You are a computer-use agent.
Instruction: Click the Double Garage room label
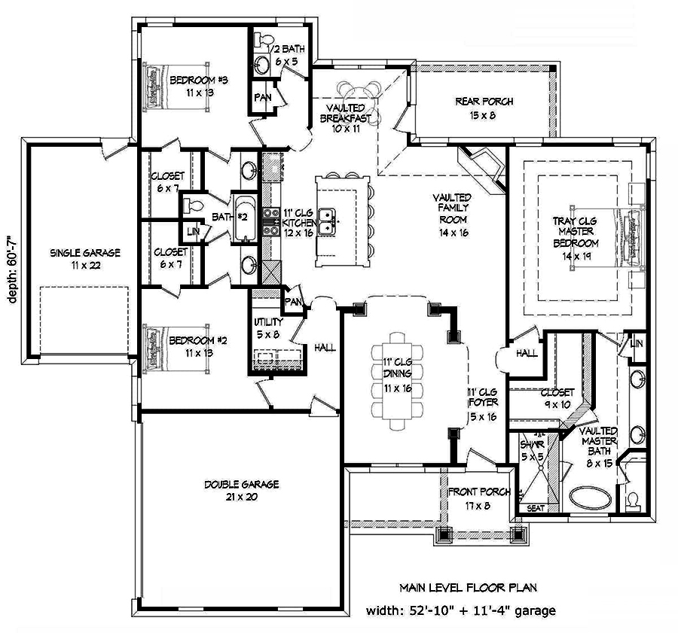[x=240, y=490]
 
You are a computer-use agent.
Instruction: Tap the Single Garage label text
[x=85, y=258]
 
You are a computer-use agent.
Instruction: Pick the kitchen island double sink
[x=327, y=220]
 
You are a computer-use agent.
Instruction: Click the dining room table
[x=392, y=385]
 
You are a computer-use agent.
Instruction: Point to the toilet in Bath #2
[x=193, y=205]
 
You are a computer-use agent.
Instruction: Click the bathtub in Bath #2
[x=246, y=218]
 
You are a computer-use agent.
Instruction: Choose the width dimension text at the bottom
[x=462, y=610]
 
